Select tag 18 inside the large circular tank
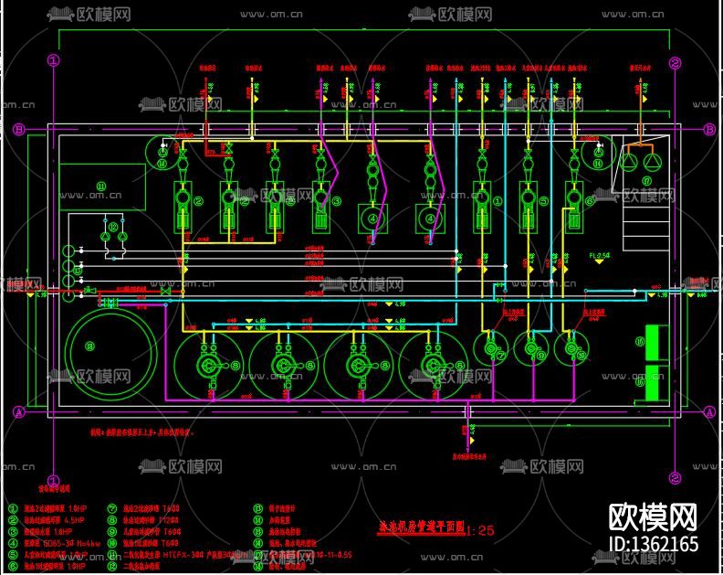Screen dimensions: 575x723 tap(89, 346)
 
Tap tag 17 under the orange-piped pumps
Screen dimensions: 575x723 tap(646, 181)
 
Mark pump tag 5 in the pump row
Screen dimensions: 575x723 tap(542, 202)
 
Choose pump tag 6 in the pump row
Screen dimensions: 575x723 tap(589, 200)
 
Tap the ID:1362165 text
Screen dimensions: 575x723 tap(652, 546)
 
